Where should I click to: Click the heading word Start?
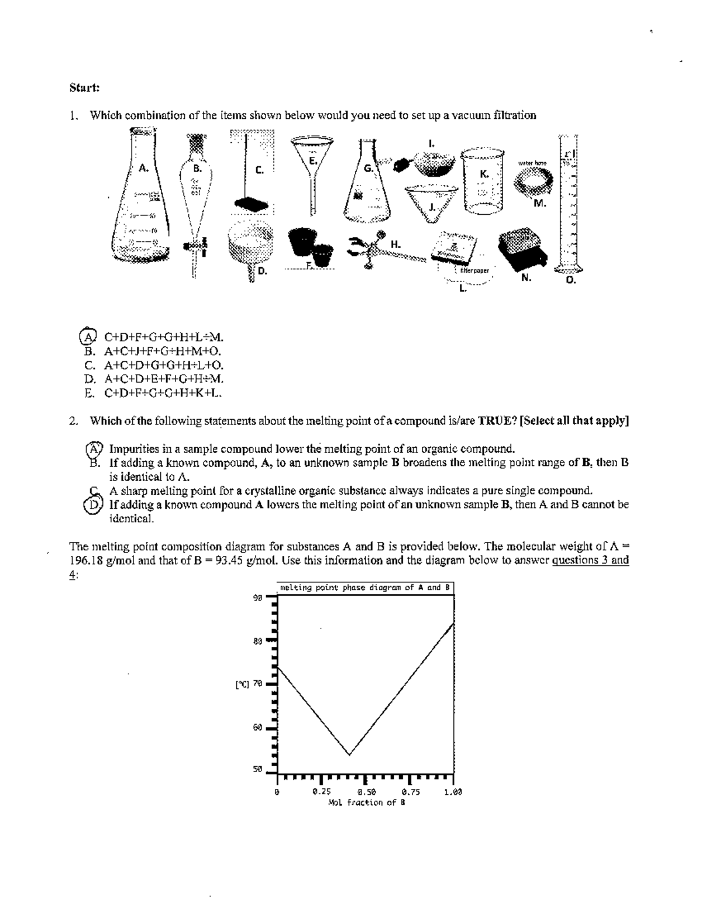(x=84, y=88)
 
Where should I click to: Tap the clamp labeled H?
(x=374, y=249)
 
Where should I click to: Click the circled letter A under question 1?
(x=87, y=337)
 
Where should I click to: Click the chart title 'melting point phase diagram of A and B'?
(x=364, y=587)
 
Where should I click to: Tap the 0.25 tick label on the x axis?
(x=321, y=792)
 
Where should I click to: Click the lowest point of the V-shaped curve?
(x=349, y=754)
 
